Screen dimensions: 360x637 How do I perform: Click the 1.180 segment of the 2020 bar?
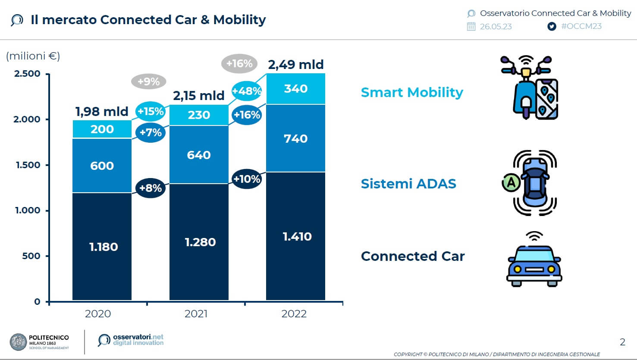coord(102,246)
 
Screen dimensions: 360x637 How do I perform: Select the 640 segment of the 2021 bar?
coord(199,155)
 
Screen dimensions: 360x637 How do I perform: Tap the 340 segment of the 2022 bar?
coord(295,89)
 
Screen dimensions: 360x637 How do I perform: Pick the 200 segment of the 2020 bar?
coord(102,129)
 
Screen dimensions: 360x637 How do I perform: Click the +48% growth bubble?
coord(247,91)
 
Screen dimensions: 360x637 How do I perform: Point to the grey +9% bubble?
coord(148,81)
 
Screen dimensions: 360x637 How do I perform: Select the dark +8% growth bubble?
coord(150,188)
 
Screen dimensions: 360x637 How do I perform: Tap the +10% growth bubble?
coord(246,179)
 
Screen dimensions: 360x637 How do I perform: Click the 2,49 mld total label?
coord(295,65)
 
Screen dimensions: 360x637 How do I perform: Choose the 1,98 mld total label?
coord(102,112)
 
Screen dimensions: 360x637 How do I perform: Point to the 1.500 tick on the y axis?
coord(28,165)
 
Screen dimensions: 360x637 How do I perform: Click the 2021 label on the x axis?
coord(196,314)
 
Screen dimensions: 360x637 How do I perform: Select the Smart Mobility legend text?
coord(412,92)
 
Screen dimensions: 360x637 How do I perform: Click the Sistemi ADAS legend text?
coord(408,184)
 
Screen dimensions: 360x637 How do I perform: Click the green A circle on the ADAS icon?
coord(511,183)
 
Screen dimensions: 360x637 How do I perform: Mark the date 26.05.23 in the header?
coord(496,27)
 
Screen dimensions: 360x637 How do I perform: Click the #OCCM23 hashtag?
coord(581,26)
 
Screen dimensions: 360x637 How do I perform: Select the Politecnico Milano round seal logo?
coord(18,342)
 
